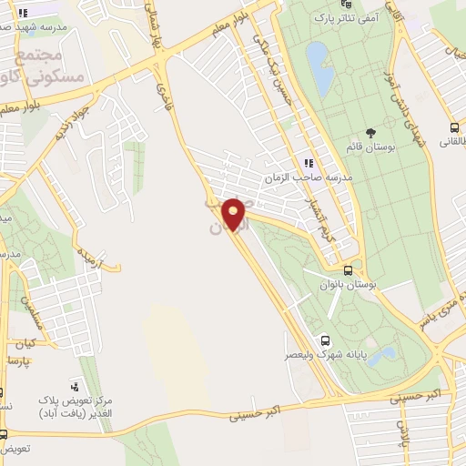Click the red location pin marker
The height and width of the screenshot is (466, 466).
pyautogui.click(x=235, y=216)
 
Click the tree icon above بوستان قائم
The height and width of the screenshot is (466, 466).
pyautogui.click(x=370, y=133)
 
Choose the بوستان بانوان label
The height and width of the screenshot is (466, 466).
pyautogui.click(x=347, y=285)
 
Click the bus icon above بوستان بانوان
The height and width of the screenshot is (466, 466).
pyautogui.click(x=349, y=270)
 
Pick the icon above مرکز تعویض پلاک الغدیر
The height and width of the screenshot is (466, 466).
pyautogui.click(x=76, y=385)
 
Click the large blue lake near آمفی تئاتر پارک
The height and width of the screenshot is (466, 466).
pyautogui.click(x=320, y=68)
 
